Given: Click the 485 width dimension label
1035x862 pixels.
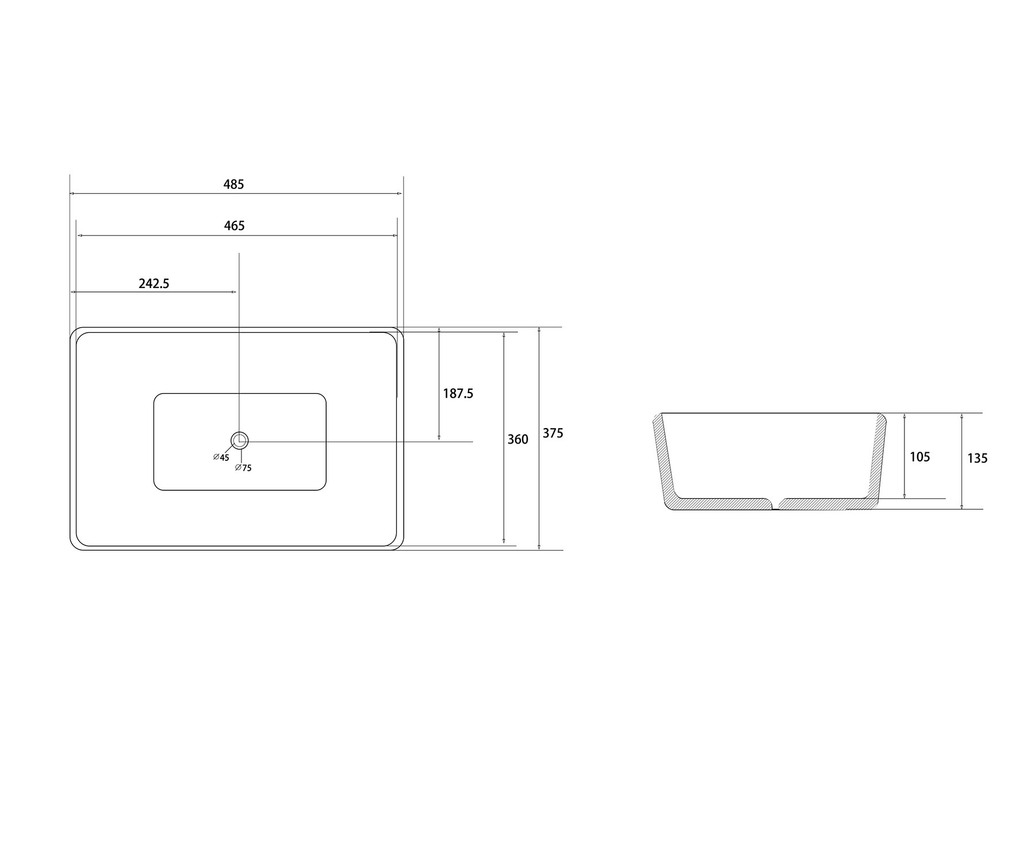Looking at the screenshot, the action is [x=233, y=184].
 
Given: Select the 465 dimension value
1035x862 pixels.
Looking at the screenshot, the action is [x=234, y=226].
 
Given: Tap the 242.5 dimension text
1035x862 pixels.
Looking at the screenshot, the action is [x=154, y=283].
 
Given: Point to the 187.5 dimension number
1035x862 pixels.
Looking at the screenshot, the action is [x=458, y=394].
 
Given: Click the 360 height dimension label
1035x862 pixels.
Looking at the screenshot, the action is [x=517, y=440].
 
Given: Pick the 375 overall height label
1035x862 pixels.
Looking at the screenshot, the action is [x=553, y=433].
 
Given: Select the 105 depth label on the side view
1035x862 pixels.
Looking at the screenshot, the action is [x=920, y=457].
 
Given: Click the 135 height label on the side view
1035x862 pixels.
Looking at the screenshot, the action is [x=977, y=459].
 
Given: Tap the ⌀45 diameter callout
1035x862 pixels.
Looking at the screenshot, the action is [x=221, y=457].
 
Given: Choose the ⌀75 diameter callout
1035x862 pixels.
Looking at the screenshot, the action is [x=244, y=468].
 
